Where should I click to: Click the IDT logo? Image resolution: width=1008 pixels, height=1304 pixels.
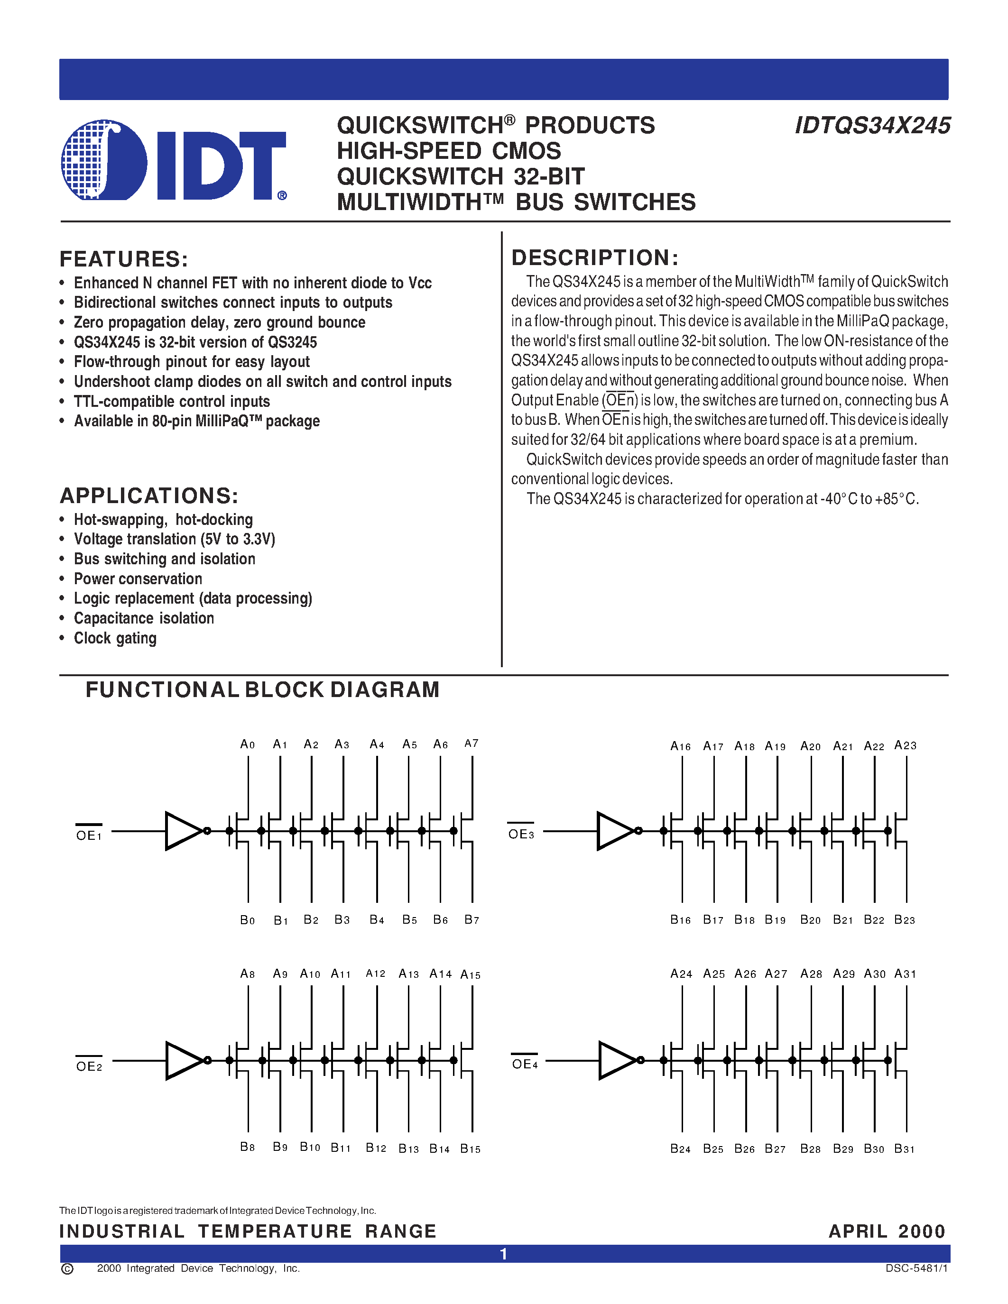[x=173, y=160]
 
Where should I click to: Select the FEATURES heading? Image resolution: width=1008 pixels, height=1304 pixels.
[x=124, y=259]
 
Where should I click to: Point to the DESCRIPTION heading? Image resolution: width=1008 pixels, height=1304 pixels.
[x=595, y=258]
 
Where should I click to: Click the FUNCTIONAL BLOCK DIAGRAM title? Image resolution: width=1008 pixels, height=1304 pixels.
[x=262, y=689]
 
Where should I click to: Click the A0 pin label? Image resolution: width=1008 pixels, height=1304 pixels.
[x=247, y=744]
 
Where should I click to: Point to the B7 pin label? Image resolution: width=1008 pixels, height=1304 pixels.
[x=472, y=920]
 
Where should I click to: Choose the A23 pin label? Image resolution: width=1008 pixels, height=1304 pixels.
[x=905, y=745]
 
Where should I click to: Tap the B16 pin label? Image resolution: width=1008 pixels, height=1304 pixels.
[x=680, y=920]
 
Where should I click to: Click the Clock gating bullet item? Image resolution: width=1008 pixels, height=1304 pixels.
[x=115, y=638]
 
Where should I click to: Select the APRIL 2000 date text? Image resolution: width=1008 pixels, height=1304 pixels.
[x=887, y=1231]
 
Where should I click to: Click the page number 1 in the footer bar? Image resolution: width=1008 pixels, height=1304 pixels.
[x=503, y=1254]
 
